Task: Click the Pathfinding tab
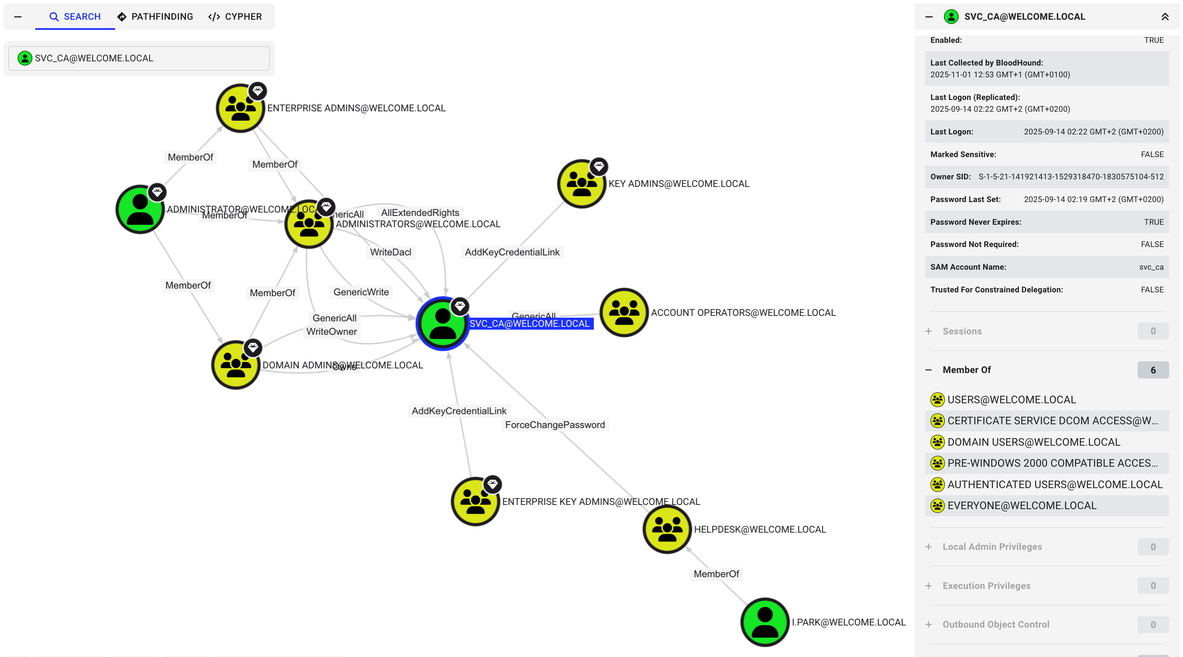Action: click(155, 16)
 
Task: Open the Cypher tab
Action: click(235, 16)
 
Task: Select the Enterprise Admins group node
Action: click(240, 108)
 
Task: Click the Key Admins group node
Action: click(581, 184)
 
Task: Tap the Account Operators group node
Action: click(624, 313)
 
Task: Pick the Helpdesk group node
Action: click(667, 529)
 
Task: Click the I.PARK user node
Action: click(765, 622)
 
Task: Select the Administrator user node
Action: click(139, 209)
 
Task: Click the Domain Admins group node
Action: click(236, 365)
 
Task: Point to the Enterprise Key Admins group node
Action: click(475, 501)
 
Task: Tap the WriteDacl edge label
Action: click(390, 252)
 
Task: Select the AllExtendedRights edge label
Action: click(420, 213)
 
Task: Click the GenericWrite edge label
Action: click(361, 292)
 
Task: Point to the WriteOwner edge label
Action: click(331, 331)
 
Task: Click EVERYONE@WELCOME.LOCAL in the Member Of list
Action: click(1021, 505)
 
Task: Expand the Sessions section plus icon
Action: click(928, 331)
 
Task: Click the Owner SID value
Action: click(1070, 177)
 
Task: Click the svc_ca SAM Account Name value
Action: click(1151, 267)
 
